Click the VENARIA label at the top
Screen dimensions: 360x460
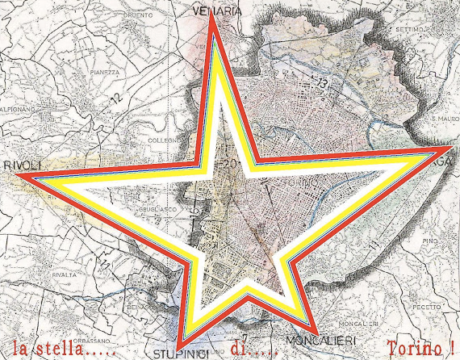click(219, 10)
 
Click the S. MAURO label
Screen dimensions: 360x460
click(444, 119)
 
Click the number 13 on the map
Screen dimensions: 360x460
click(323, 82)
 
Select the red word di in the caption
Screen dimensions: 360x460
click(241, 349)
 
